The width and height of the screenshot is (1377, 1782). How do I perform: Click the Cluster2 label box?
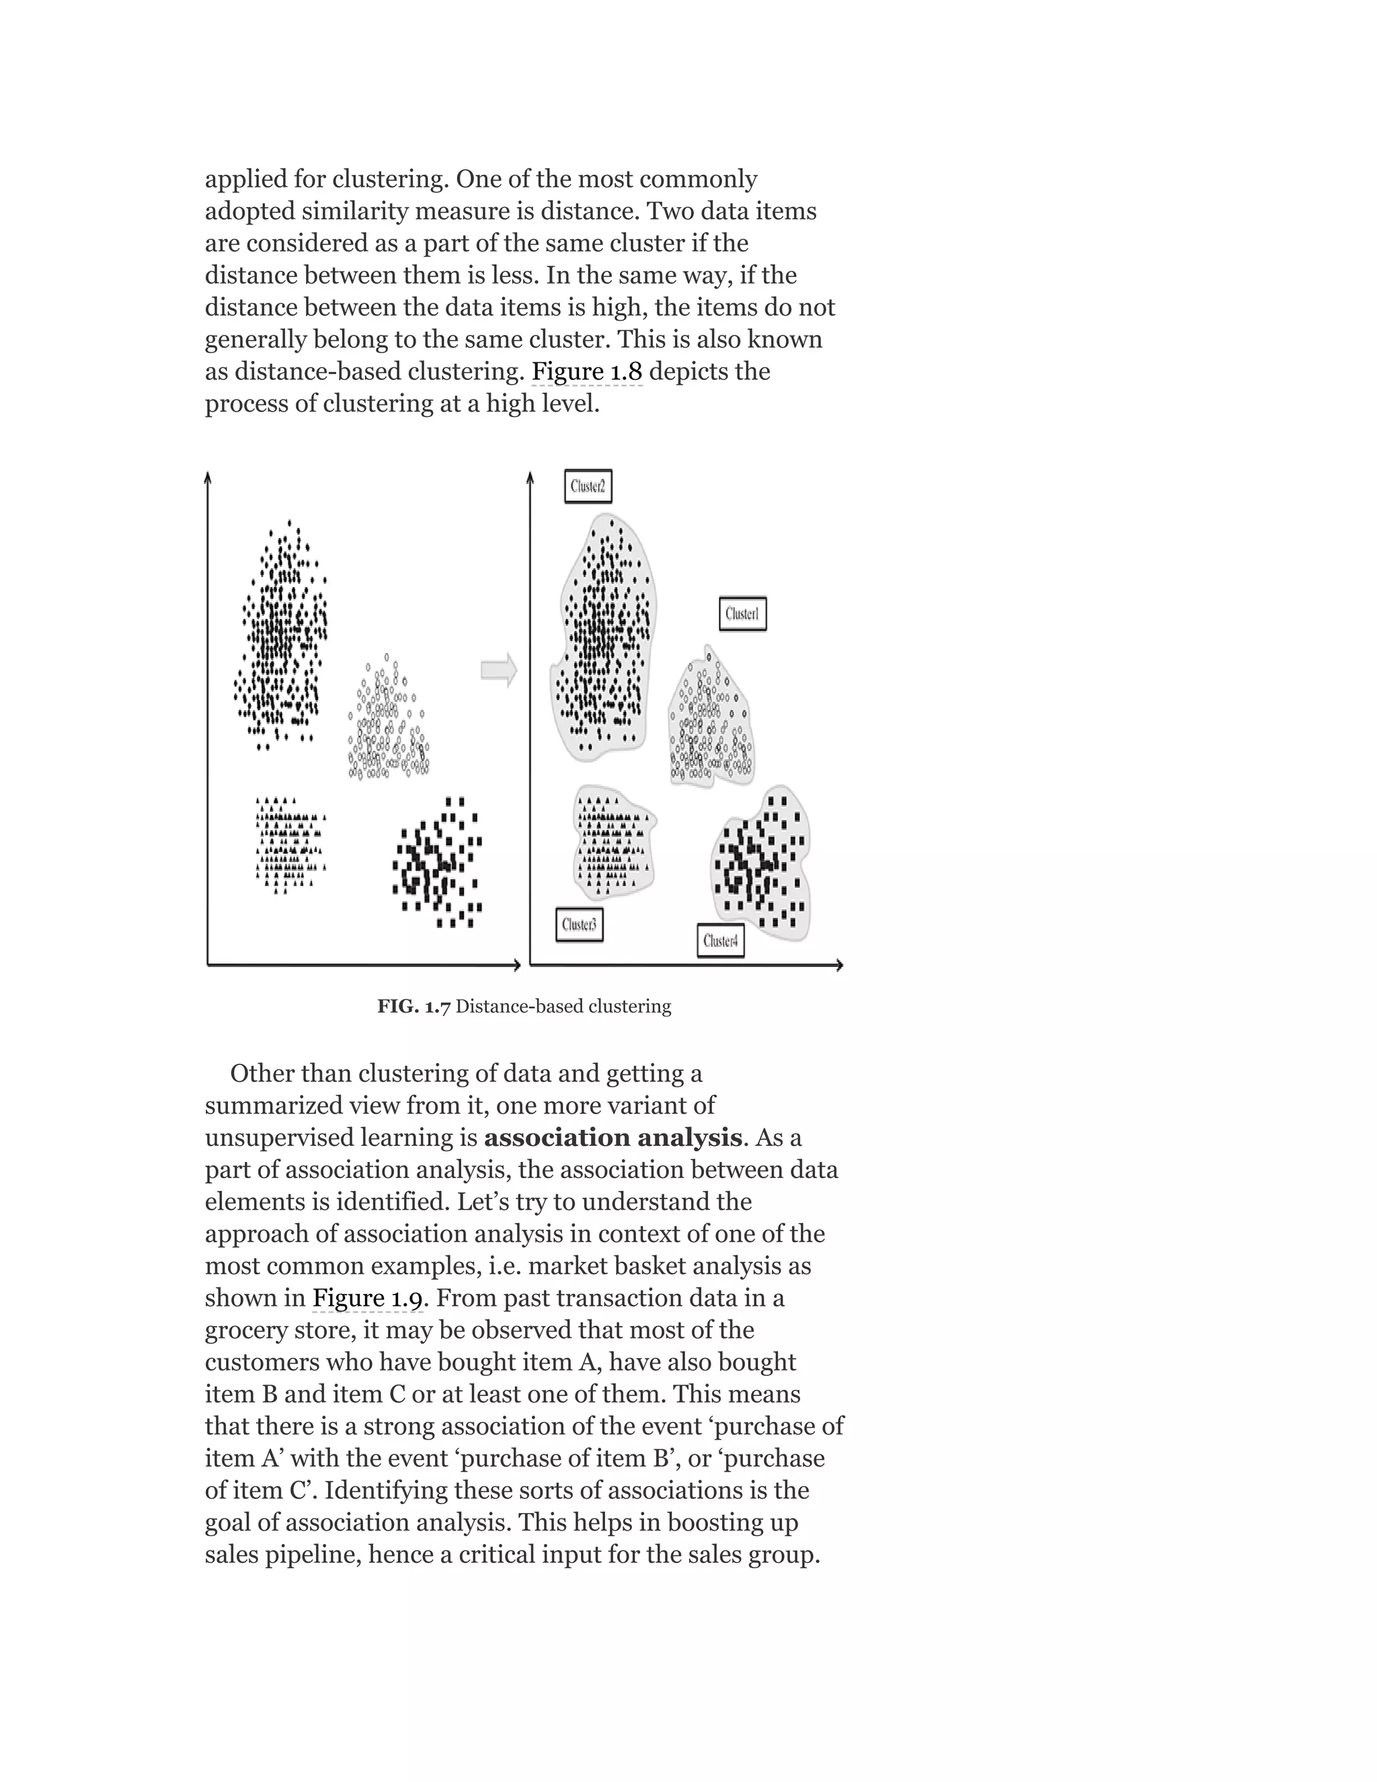pyautogui.click(x=588, y=486)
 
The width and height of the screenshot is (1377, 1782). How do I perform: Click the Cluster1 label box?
pyautogui.click(x=742, y=613)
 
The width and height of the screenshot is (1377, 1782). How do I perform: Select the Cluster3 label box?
pyautogui.click(x=579, y=925)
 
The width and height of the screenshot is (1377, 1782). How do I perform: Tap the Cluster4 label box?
pyautogui.click(x=720, y=941)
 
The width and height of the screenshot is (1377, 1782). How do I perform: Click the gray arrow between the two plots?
pyautogui.click(x=498, y=670)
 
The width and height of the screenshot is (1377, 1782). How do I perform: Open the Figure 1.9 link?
pyautogui.click(x=368, y=1298)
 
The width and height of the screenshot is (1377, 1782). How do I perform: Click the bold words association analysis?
pyautogui.click(x=613, y=1137)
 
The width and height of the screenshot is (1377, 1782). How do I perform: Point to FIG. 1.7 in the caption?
pyautogui.click(x=414, y=1007)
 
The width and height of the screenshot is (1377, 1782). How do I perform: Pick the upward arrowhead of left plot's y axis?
pyautogui.click(x=208, y=477)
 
